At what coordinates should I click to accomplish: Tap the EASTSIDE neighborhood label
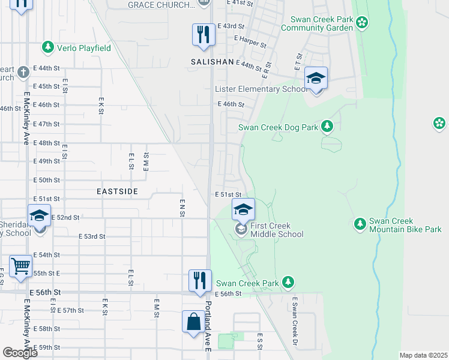click(x=118, y=191)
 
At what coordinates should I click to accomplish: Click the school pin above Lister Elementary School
click(x=316, y=78)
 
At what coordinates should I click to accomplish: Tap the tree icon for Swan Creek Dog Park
click(x=327, y=126)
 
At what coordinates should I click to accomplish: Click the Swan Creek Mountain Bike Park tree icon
click(x=360, y=224)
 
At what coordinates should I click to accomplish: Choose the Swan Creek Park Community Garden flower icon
click(x=362, y=23)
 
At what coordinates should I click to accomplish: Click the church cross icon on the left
click(x=23, y=73)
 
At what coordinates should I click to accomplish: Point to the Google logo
click(x=20, y=352)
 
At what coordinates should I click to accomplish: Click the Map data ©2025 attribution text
click(x=423, y=355)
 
